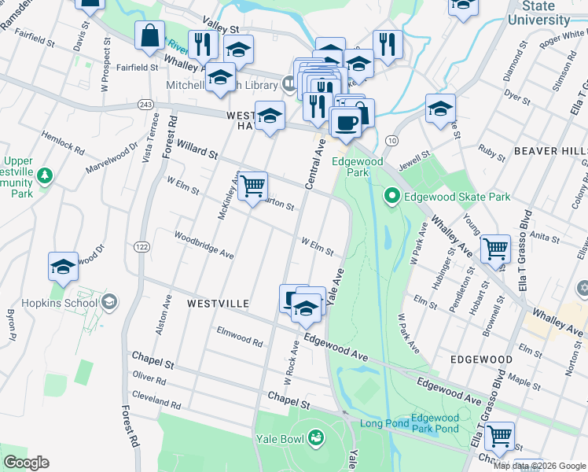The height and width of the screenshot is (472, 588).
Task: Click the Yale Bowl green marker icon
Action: pos(316,437)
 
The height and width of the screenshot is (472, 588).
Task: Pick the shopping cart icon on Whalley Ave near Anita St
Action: pos(495,249)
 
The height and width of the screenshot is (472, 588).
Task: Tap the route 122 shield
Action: pos(141,247)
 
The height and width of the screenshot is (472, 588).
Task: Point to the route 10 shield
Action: pos(391,139)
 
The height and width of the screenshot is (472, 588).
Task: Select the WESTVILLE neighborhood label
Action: pos(218,303)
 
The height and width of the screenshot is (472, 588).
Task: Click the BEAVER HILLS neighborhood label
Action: pos(550,150)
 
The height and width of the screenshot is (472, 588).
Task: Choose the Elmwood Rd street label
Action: pos(239,337)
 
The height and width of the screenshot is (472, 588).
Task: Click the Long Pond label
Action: pos(384,423)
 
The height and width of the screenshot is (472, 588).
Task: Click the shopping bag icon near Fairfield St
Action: pos(149,36)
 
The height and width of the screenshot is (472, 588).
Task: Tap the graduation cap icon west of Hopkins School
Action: pos(63,267)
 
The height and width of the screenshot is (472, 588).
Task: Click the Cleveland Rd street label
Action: pos(156,400)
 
